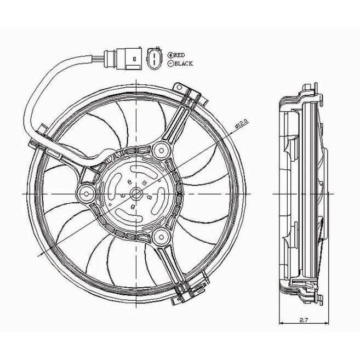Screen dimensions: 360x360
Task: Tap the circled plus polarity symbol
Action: click(170, 55)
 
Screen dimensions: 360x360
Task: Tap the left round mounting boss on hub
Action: click(85, 193)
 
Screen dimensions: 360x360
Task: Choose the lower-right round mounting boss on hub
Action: click(161, 237)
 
